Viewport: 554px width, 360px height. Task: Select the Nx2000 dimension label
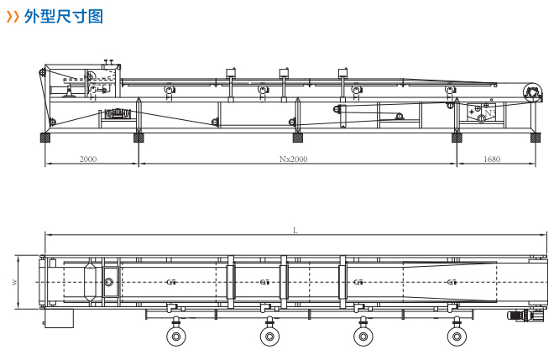pos(295,158)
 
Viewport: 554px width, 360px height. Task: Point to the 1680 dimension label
pos(492,158)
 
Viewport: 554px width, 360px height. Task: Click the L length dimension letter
pos(295,229)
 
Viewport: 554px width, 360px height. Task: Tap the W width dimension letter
pos(14,283)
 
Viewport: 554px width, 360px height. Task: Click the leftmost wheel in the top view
pos(175,337)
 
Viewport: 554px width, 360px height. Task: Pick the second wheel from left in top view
pos(269,337)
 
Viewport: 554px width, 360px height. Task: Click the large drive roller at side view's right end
pos(530,92)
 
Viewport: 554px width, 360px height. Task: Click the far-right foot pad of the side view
pos(532,137)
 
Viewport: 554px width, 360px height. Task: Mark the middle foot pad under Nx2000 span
pos(297,137)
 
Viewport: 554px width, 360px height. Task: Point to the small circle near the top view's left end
pos(108,282)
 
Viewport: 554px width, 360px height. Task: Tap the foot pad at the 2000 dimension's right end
pos(139,137)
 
